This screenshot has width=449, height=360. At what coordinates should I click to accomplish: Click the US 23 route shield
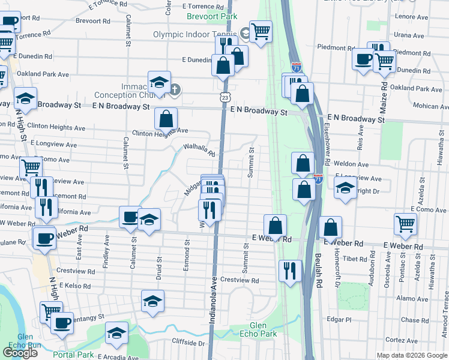coord(224,96)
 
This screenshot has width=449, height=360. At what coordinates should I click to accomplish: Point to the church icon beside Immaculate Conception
coord(175,91)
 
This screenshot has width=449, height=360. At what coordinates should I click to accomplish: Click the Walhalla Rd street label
coord(199,149)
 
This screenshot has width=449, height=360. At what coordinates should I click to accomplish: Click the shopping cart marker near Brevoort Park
coord(261,30)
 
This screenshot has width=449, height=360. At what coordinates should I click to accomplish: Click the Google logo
coord(20,353)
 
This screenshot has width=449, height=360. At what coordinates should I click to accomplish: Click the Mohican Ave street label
coord(427,106)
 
